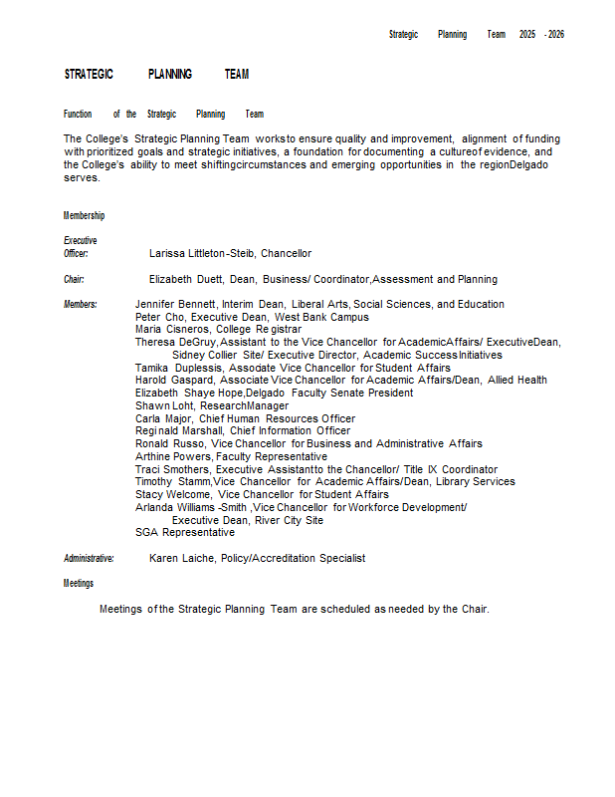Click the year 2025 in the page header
coord(527,35)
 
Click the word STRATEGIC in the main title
coord(89,75)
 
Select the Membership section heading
coord(84,216)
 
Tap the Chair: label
coord(74,280)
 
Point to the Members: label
coord(81,305)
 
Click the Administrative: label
coord(89,559)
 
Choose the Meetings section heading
coord(79,584)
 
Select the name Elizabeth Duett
coord(186,280)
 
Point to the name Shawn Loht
coord(164,406)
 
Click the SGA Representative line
coord(185,533)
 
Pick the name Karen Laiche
coord(182,559)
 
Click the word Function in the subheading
coord(78,115)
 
